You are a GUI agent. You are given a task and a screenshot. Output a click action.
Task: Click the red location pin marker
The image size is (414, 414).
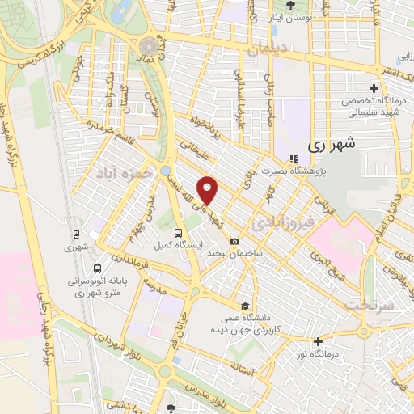209,189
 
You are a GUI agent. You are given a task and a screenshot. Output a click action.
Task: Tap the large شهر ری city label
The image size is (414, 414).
332,146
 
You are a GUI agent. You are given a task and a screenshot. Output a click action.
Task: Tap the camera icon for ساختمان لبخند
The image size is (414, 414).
235,241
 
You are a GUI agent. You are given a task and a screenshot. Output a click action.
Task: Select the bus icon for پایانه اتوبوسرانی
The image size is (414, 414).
97,268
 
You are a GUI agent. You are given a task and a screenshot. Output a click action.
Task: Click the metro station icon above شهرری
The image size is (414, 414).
76,234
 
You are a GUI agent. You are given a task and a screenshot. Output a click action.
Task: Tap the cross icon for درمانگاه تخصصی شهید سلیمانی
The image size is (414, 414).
373,87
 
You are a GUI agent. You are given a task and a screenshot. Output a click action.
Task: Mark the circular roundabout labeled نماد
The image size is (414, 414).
149,46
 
